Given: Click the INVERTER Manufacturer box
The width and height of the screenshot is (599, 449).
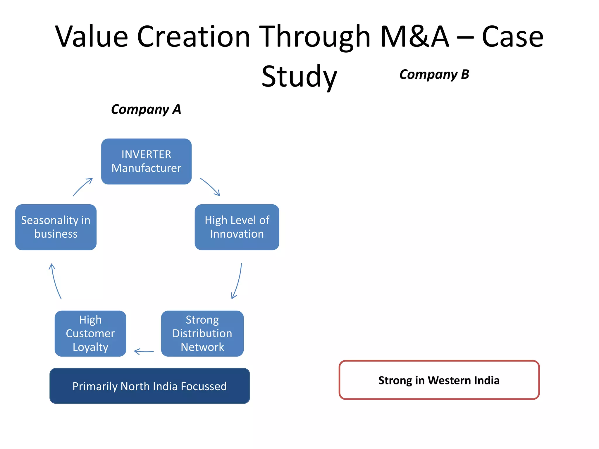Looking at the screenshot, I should [x=146, y=161].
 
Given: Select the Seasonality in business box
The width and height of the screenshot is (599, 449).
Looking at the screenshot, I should [x=56, y=227].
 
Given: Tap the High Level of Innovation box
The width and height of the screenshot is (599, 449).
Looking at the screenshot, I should [x=237, y=227].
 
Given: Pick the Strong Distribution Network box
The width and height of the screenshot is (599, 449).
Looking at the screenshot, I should [x=202, y=333].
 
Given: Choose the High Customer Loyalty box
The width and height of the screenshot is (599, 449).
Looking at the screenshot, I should [x=90, y=333].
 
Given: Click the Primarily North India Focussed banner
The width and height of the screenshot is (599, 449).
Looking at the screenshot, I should [x=149, y=386].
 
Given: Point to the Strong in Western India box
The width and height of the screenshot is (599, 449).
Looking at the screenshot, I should [x=439, y=380].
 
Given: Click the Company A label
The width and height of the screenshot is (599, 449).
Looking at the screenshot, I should [x=146, y=109].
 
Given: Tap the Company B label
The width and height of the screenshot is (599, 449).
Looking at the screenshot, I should [x=434, y=75].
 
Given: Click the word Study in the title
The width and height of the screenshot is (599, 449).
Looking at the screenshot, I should [x=299, y=77].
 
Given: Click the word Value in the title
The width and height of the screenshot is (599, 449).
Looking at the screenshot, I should [x=92, y=37].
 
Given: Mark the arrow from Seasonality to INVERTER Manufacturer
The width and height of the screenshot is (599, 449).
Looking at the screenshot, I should [x=82, y=187].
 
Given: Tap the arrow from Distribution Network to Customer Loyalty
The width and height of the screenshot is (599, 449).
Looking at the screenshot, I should [x=144, y=351].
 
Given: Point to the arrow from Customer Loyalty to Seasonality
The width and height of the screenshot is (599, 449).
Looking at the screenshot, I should [x=55, y=281].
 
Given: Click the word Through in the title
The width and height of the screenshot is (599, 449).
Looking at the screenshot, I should [x=315, y=37].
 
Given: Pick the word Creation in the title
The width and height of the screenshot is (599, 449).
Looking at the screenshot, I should [x=194, y=37].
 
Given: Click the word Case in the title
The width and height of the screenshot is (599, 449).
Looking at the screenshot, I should [x=512, y=37].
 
